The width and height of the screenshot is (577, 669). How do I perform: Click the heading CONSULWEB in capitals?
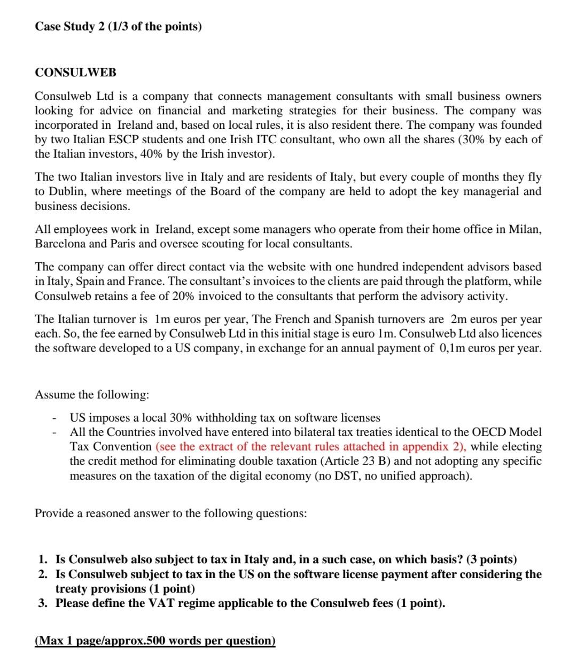[75, 72]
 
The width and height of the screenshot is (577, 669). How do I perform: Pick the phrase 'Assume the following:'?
[92, 394]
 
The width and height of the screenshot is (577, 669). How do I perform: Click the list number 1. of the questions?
[43, 559]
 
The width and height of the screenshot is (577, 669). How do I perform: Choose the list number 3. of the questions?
[43, 603]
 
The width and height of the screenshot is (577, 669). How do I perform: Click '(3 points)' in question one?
[492, 559]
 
